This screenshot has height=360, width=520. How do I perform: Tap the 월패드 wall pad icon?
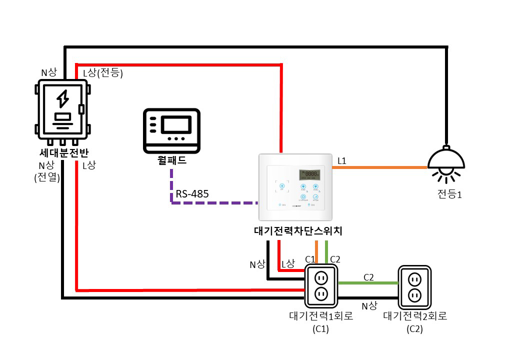[172, 130]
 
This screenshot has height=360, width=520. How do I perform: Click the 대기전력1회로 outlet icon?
[321, 285]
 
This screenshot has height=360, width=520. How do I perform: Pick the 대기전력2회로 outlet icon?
[414, 286]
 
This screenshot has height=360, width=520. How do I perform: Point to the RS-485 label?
[192, 194]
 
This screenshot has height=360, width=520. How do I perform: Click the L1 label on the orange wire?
[342, 161]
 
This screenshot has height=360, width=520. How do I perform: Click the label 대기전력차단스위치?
[298, 231]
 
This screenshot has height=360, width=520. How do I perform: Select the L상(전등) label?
[102, 73]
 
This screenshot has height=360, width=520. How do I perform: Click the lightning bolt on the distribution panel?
[62, 98]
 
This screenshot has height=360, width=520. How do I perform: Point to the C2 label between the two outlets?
[369, 277]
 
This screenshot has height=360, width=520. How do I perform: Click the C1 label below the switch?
[310, 259]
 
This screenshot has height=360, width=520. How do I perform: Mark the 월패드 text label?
[171, 161]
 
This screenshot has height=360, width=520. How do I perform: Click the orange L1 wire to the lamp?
[380, 167]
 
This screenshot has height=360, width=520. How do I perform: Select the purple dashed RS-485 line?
[215, 203]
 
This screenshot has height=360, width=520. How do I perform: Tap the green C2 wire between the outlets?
[368, 283]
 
